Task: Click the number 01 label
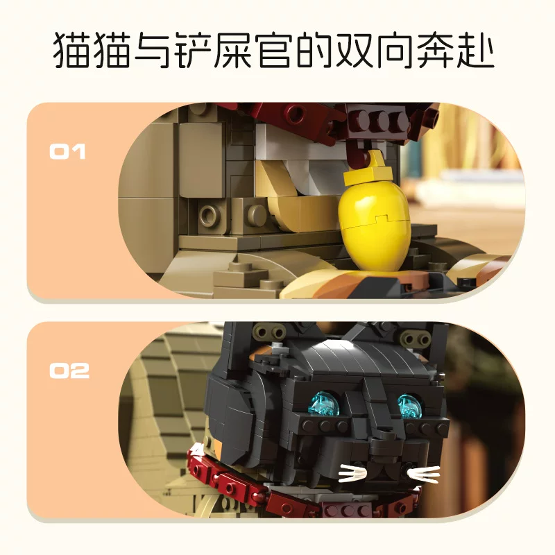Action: point(67,151)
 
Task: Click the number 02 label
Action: point(69,370)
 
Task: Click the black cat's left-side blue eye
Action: point(325,404)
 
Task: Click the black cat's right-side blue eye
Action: point(409,406)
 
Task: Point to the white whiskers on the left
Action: point(352,474)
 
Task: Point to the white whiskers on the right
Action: point(423,475)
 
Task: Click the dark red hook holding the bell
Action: point(357,153)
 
